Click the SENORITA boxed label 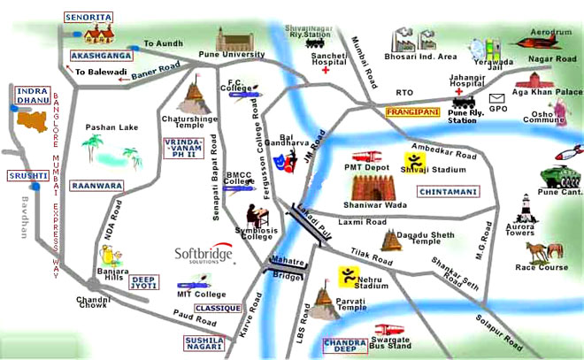tap(88, 18)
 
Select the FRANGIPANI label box tap(412, 113)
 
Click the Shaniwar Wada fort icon tap(379, 188)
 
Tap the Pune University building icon tap(240, 40)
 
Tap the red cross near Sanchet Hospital tap(326, 70)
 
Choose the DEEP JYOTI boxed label tap(145, 283)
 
